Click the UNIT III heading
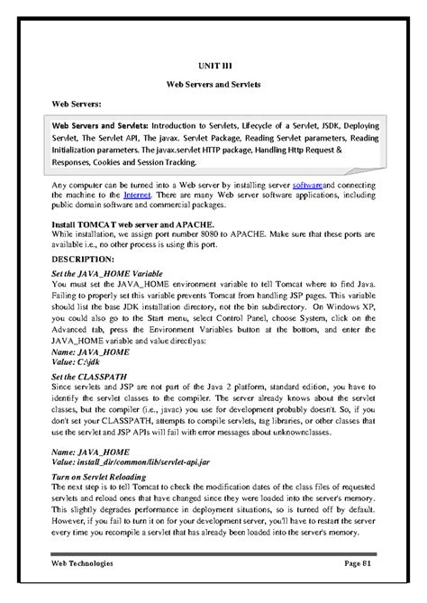pyautogui.click(x=213, y=65)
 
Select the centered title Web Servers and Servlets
pyautogui.click(x=213, y=84)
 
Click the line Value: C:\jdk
pyautogui.click(x=78, y=360)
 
